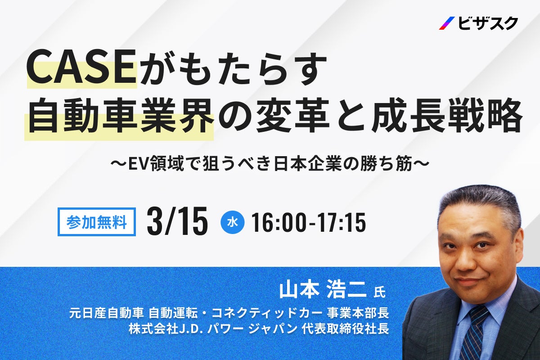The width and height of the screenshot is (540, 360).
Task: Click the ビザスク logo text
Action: (489, 23)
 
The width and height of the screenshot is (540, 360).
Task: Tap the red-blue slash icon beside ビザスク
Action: (447, 23)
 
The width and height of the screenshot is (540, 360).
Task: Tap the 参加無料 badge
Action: (96, 222)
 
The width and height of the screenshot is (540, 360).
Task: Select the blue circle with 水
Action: (233, 222)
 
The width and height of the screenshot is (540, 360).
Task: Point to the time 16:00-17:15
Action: (308, 222)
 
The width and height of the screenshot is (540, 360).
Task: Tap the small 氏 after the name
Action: (380, 292)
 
